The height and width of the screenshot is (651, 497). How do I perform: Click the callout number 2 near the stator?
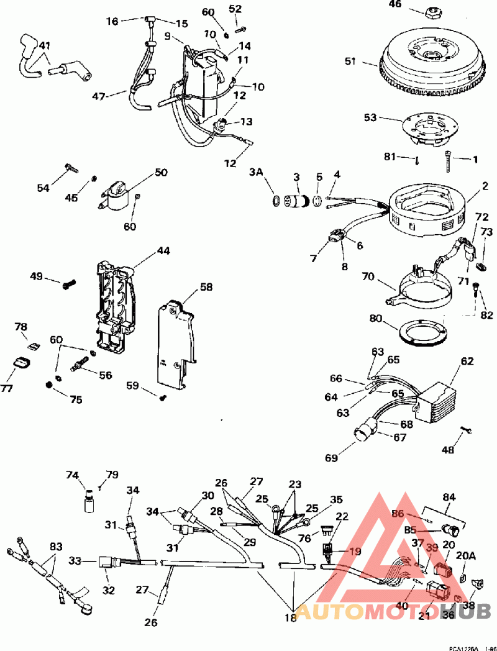click(485, 186)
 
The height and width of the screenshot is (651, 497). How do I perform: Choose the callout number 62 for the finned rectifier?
click(467, 360)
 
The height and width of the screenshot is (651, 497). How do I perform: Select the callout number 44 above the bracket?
click(163, 251)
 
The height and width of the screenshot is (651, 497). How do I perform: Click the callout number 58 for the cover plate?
click(206, 286)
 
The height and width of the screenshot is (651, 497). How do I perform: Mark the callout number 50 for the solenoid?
click(161, 172)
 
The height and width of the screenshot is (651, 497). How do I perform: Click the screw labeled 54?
click(70, 167)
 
